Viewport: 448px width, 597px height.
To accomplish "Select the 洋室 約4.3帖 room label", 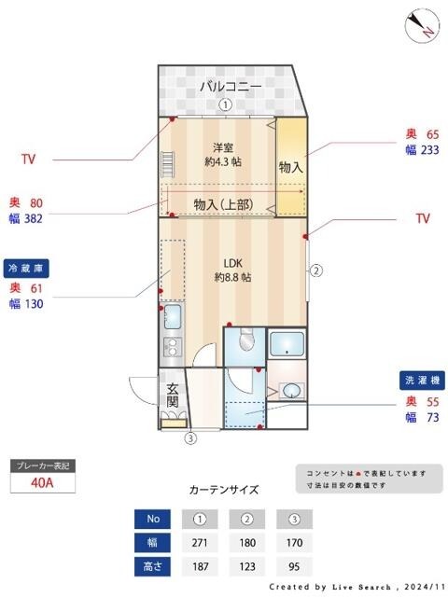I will [223, 154].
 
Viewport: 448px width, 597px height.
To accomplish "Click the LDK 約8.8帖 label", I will [232, 270].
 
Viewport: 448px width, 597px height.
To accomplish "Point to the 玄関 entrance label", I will [174, 395].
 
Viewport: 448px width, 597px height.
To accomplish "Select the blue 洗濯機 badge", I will [419, 381].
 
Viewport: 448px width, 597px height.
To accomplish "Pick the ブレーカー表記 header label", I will [42, 465].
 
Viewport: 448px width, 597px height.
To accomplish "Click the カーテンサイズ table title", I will [224, 489].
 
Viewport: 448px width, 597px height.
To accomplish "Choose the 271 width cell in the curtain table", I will [199, 543].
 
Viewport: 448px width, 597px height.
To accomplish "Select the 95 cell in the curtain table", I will [294, 566].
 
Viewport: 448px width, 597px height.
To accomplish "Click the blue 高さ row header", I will [152, 566].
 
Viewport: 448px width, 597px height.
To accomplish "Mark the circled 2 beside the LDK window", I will [316, 271].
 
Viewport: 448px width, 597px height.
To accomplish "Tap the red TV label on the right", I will [423, 218].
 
